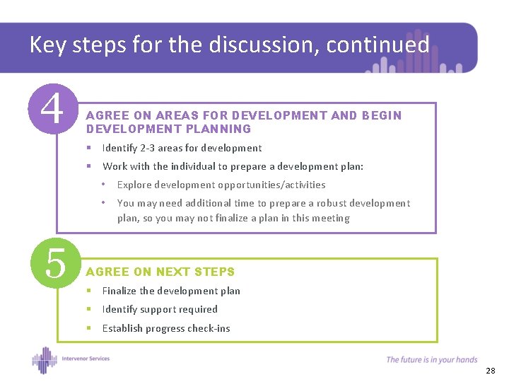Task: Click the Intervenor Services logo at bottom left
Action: [71, 359]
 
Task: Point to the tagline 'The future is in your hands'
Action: [431, 359]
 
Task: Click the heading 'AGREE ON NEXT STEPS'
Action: [160, 272]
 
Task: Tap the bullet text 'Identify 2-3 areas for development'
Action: [182, 148]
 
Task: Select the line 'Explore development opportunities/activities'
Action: [221, 185]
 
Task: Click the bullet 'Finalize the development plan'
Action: [171, 291]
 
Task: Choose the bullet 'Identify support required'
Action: [160, 309]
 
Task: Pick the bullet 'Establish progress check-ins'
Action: [166, 328]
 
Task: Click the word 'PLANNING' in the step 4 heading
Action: [218, 129]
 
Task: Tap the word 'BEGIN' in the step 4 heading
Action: [381, 115]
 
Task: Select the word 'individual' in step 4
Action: [189, 166]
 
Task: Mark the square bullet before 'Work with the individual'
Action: [89, 166]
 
